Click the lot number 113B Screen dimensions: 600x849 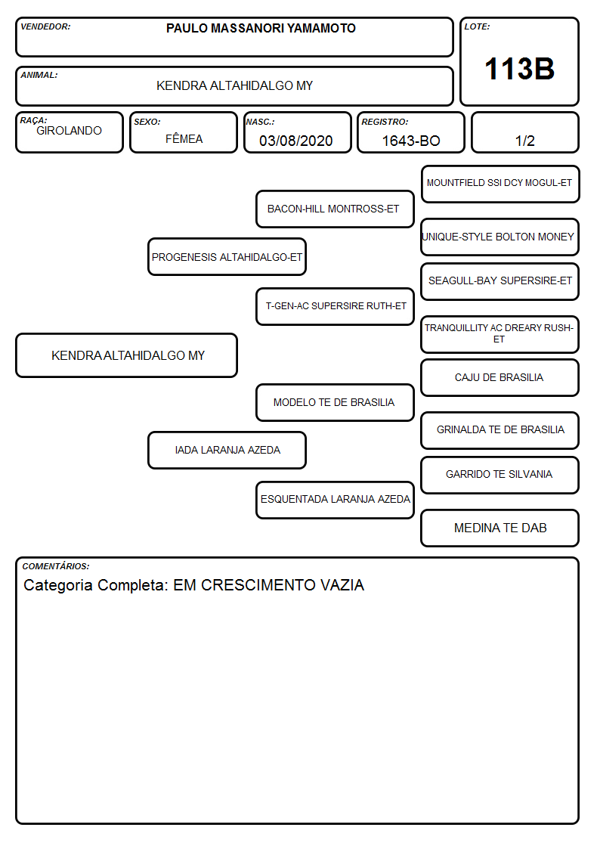(519, 69)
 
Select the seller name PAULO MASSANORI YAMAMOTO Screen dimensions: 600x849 (261, 28)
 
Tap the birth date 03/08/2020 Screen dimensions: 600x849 (296, 141)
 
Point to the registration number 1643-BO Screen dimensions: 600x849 (411, 141)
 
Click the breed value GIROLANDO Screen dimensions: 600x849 (70, 131)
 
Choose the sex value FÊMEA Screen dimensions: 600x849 (184, 138)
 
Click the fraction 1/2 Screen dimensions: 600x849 (524, 141)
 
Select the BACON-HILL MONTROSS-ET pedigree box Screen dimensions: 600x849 (335, 209)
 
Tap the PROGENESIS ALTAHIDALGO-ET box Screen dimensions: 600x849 (227, 256)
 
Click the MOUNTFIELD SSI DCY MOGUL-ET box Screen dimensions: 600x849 (500, 184)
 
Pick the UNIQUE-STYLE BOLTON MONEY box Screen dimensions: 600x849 (500, 237)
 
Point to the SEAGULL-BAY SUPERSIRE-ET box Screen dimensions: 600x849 (500, 281)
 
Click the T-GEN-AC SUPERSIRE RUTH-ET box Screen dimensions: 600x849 (335, 306)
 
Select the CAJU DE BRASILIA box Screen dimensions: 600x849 (500, 378)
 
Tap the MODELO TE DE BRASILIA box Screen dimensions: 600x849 (335, 402)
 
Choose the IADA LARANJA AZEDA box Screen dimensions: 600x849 (227, 450)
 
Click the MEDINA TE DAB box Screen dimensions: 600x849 (500, 528)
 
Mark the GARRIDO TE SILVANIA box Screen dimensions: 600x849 (500, 475)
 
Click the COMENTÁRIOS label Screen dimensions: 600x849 (56, 566)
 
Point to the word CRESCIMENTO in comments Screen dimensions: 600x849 (258, 585)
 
